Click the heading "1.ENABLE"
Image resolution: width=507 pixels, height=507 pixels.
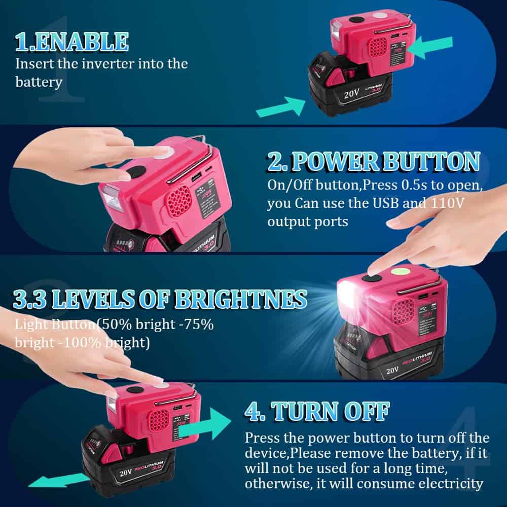(71, 42)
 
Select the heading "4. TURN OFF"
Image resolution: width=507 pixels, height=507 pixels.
(317, 410)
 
